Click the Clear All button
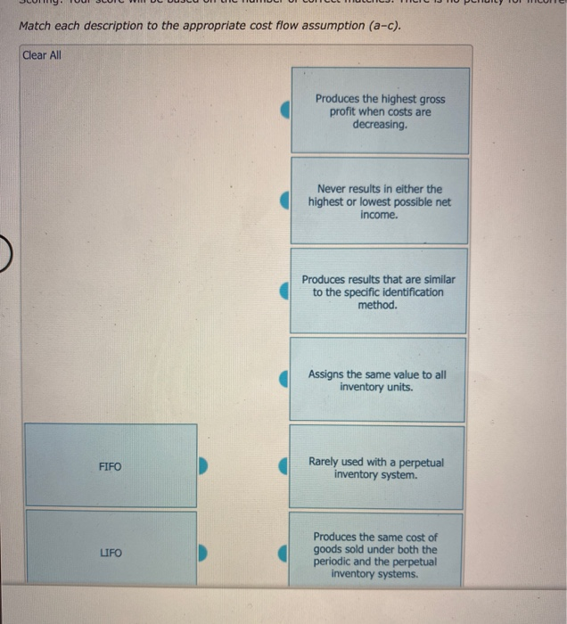point(42,55)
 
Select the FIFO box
point(111,466)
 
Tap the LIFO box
point(111,554)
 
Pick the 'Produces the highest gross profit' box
point(380,111)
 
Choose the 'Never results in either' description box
point(380,201)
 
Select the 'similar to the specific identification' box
point(380,291)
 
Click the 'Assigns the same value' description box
point(380,381)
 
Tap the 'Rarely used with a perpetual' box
point(380,468)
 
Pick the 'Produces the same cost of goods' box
point(380,554)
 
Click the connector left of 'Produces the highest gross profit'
point(285,111)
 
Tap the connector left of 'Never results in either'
point(285,201)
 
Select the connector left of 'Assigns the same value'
point(285,381)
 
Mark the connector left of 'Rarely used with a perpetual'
point(285,466)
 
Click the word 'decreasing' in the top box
point(380,125)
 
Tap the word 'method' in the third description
point(376,305)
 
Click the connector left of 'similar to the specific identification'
point(285,291)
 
